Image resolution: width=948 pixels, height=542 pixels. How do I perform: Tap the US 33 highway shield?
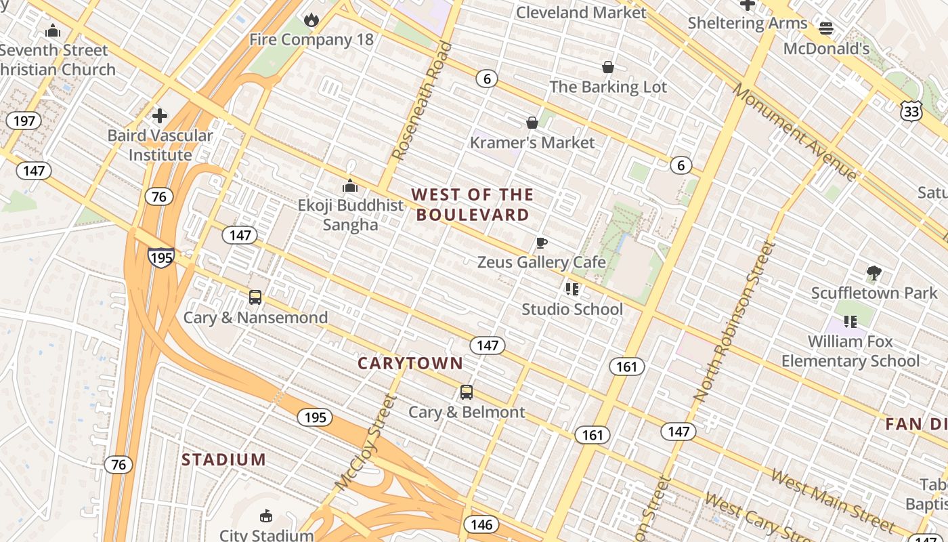click(x=911, y=111)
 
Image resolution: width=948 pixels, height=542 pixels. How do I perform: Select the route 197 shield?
click(x=24, y=121)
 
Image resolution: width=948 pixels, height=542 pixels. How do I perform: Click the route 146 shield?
click(x=481, y=524)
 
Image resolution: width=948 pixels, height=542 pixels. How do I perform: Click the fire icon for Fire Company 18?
click(x=311, y=20)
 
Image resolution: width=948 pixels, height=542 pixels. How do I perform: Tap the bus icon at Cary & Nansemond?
click(x=255, y=297)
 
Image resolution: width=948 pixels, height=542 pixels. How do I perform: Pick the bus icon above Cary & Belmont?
click(x=467, y=392)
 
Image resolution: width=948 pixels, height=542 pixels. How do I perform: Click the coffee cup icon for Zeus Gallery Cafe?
click(x=541, y=243)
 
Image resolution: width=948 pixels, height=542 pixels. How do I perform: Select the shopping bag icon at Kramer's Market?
click(x=532, y=123)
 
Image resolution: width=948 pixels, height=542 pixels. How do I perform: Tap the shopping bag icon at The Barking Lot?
click(x=608, y=67)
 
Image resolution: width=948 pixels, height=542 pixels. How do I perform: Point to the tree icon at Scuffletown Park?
click(x=874, y=273)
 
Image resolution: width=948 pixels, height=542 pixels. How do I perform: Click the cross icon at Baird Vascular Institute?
click(x=160, y=116)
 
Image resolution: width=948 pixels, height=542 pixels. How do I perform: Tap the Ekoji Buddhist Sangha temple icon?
click(x=350, y=185)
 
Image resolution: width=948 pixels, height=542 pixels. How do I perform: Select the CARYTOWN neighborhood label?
click(x=410, y=363)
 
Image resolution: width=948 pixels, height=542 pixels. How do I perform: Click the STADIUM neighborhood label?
click(x=223, y=460)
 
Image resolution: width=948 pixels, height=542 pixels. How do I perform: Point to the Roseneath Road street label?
click(x=422, y=102)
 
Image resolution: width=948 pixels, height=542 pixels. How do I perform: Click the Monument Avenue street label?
click(x=795, y=133)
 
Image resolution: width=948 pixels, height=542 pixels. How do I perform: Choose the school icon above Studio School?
click(x=572, y=289)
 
